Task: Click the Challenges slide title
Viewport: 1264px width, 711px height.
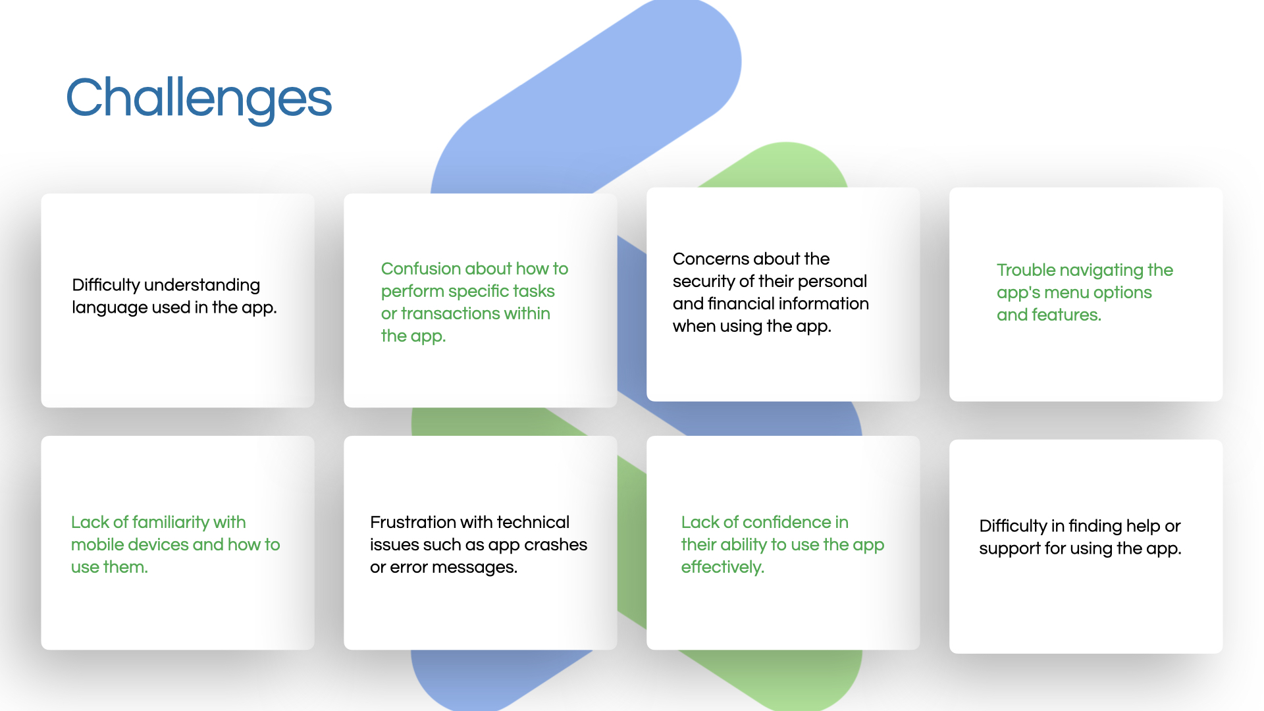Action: (199, 99)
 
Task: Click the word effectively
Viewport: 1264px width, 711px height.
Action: (723, 567)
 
